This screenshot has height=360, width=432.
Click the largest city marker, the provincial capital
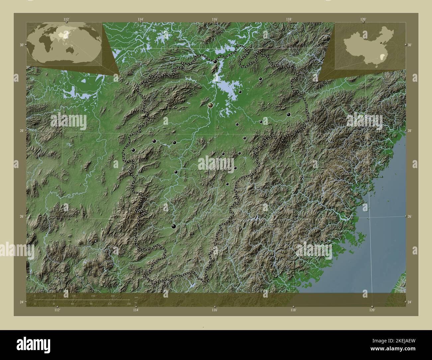tap(210, 105)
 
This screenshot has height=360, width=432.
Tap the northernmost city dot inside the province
tap(215, 61)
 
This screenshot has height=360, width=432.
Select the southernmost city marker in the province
tap(173, 226)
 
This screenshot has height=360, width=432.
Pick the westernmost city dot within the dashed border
tap(133, 150)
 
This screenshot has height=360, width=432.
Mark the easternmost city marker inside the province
tap(288, 114)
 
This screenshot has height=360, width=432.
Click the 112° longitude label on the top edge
tap(67, 19)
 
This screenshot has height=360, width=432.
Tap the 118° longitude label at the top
tap(289, 19)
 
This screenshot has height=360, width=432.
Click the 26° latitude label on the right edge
tap(410, 216)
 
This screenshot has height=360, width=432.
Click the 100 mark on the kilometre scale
tap(74, 296)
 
